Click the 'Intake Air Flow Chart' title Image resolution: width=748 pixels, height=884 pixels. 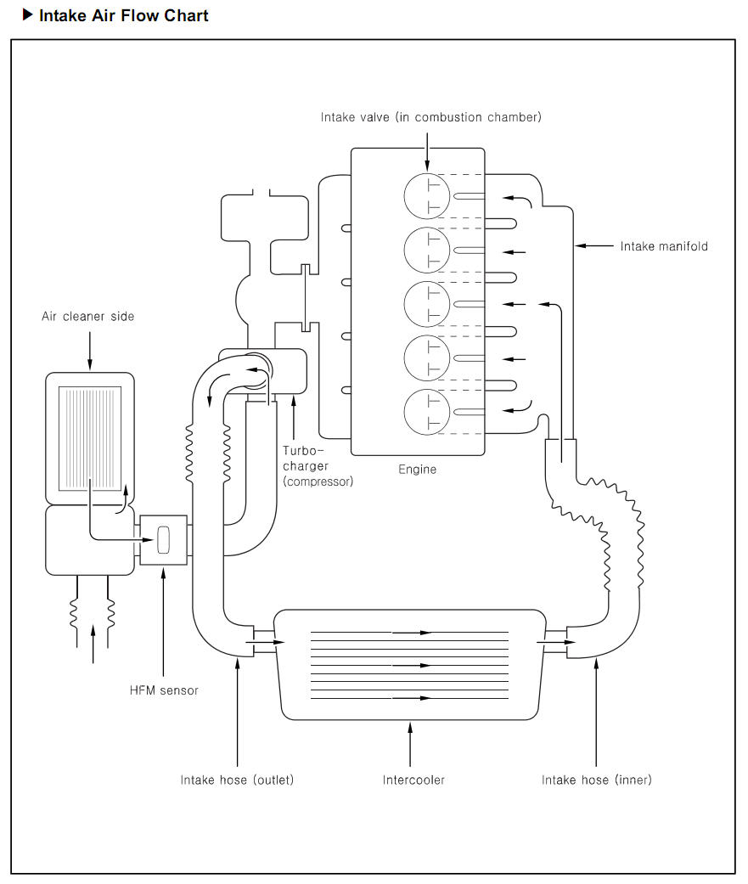123,16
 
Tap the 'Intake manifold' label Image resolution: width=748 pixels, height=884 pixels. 663,246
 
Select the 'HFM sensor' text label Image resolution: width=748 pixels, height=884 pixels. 164,690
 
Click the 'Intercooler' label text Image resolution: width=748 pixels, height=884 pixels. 413,780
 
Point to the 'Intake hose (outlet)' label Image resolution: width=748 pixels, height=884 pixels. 237,780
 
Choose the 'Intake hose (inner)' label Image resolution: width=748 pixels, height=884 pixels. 596,780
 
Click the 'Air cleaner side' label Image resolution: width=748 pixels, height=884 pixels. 88,316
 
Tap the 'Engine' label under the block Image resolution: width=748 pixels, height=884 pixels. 417,469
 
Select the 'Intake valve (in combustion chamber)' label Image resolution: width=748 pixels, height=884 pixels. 430,117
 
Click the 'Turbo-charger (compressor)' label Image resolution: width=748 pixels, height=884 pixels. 318,465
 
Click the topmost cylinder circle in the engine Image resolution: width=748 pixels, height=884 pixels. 427,196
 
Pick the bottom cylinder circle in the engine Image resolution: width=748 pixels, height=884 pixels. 427,412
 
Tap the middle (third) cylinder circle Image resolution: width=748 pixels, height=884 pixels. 427,305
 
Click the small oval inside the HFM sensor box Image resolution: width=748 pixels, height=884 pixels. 164,539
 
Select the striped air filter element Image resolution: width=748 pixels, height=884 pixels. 90,438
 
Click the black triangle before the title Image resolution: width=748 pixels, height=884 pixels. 28,15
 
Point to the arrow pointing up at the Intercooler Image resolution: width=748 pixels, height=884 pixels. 410,744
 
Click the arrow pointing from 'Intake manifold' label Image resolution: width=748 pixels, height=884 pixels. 594,245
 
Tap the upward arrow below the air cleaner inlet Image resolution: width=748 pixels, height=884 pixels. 93,645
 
